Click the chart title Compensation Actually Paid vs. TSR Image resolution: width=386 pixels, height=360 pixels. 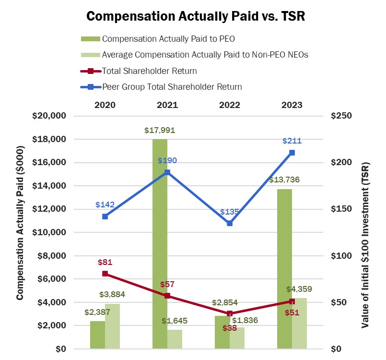(x=195, y=16)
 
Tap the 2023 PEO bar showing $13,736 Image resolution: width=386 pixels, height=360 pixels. (x=284, y=269)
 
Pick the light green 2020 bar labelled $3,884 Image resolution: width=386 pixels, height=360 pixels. (x=112, y=326)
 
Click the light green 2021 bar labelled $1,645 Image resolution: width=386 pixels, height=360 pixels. (x=175, y=339)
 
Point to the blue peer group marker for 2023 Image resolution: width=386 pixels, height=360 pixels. (x=292, y=153)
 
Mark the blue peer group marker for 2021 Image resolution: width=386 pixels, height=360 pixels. (x=167, y=172)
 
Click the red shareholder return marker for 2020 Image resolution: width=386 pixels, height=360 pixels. (x=105, y=274)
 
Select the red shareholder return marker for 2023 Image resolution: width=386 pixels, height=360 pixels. (x=292, y=301)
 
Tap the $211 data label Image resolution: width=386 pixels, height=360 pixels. (x=292, y=141)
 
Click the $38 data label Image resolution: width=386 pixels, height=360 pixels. (x=230, y=328)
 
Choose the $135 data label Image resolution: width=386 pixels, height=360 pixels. (x=230, y=212)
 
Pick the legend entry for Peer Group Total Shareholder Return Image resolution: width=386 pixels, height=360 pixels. (x=172, y=87)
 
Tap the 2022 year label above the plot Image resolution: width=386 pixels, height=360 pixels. (x=230, y=105)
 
